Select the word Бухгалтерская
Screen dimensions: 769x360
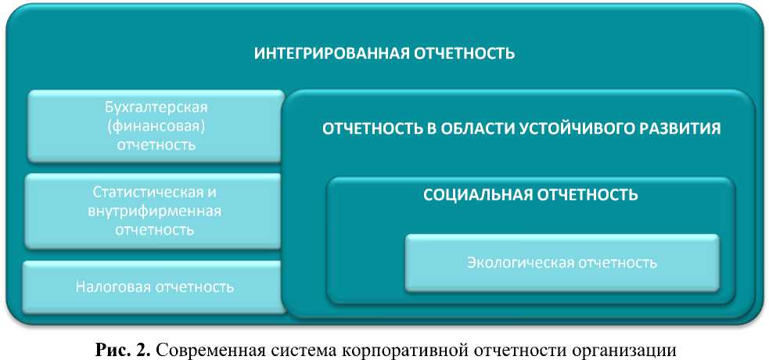pos(156,107)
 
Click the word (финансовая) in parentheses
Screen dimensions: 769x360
pos(156,125)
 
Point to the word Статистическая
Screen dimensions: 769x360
pos(154,192)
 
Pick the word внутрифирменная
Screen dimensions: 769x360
pos(154,211)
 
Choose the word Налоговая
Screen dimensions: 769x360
pos(113,287)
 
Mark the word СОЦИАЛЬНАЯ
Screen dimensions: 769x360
pos(478,195)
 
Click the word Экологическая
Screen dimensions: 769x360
pos(521,263)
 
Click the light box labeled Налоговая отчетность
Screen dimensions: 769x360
pos(154,287)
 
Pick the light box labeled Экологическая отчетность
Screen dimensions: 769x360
pos(562,263)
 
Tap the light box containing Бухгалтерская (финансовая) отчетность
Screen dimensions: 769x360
pos(156,126)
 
